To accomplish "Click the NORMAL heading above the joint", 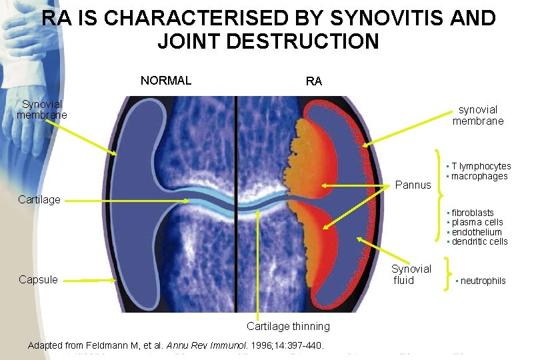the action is (x=166, y=81).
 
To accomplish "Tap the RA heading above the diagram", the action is (x=313, y=81).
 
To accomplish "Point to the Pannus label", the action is (x=413, y=185).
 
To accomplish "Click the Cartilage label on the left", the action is (x=39, y=199).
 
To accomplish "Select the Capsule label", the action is (x=38, y=279).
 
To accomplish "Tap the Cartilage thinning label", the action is (x=288, y=326).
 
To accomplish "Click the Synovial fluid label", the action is (x=411, y=274).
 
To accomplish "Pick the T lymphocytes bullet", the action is (x=481, y=166).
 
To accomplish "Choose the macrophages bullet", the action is (x=479, y=176).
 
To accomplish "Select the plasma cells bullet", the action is (x=477, y=222).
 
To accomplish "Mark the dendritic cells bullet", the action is (x=479, y=241).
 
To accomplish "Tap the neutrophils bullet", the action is (x=483, y=281).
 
